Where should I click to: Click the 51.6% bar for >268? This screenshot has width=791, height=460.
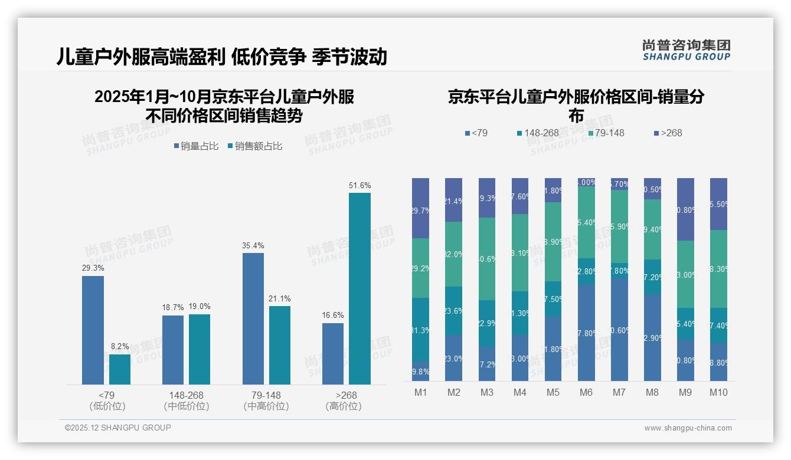(x=359, y=288)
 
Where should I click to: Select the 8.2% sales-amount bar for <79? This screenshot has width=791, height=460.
(x=120, y=369)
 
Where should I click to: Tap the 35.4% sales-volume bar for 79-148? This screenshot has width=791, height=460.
(x=253, y=318)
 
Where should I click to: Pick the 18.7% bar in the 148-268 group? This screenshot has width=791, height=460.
(x=173, y=350)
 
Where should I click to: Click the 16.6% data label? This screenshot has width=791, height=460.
(x=333, y=316)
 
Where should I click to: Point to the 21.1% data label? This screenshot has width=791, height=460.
(x=280, y=298)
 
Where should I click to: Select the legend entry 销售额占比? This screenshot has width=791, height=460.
(x=254, y=146)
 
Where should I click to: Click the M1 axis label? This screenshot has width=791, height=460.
(x=420, y=392)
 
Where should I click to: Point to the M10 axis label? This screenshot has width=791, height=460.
(x=718, y=392)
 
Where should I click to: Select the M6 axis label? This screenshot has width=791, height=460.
(x=586, y=392)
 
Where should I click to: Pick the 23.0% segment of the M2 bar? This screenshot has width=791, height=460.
(x=453, y=358)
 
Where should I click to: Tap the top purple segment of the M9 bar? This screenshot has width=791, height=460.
(x=685, y=209)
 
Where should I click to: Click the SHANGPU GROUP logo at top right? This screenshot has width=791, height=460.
(x=686, y=50)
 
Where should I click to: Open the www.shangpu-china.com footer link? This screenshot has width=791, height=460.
(x=688, y=428)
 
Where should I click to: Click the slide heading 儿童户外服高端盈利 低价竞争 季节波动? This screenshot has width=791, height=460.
(x=221, y=57)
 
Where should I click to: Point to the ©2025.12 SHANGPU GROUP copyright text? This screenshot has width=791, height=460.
(x=118, y=428)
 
